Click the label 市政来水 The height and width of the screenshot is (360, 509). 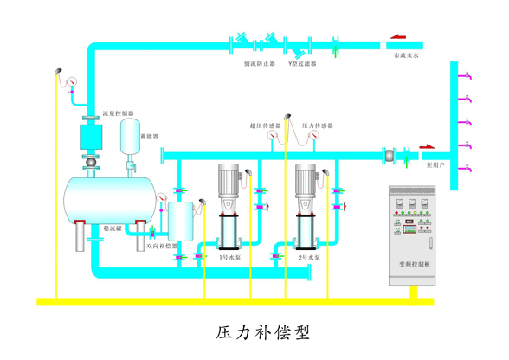(x=407, y=55)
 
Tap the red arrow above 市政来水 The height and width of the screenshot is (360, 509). (x=399, y=36)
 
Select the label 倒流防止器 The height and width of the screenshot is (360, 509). (x=259, y=63)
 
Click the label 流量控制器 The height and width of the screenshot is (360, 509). (x=118, y=113)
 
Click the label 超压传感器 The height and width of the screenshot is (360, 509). (x=266, y=125)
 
